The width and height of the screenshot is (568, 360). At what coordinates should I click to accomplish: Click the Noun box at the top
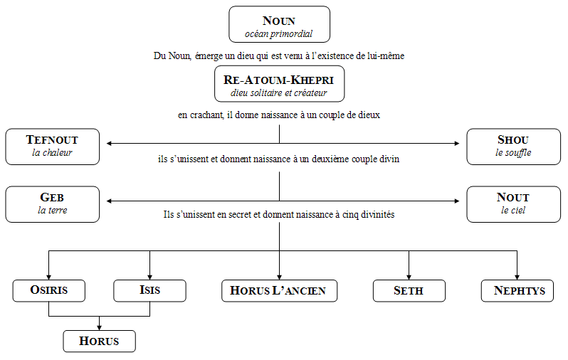279,24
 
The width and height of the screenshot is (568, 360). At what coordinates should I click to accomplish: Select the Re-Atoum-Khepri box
279,84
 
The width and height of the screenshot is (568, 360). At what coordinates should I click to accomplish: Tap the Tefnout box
53,147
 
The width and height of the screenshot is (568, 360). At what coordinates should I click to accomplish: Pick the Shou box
514,147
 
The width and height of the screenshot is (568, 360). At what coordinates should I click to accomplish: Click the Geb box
53,204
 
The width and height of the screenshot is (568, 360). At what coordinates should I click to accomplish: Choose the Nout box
514,204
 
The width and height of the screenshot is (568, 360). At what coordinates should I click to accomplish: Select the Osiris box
49,291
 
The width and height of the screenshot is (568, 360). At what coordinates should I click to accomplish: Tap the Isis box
149,291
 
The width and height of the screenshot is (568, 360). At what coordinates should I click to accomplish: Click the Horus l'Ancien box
279,291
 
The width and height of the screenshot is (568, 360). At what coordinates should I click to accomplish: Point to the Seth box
409,291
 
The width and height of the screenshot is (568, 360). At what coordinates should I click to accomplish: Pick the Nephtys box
517,291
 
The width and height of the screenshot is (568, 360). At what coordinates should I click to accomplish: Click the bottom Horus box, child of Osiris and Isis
99,342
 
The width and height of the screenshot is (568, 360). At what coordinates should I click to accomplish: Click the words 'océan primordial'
278,34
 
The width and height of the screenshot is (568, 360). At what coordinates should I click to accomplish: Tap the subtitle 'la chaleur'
52,152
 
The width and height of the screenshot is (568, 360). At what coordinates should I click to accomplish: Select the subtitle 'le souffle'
513,153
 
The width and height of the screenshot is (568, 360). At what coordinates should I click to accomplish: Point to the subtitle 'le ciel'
513,210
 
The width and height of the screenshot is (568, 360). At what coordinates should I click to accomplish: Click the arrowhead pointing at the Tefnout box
109,144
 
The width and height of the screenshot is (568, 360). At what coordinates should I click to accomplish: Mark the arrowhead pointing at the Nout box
457,201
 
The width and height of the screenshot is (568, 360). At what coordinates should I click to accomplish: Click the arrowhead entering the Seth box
409,277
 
